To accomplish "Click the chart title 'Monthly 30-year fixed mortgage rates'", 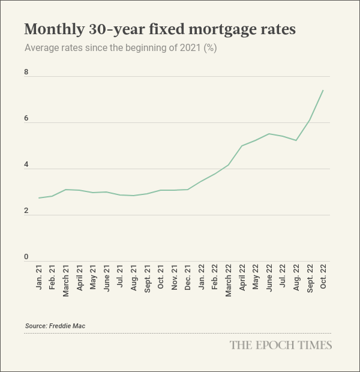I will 160,29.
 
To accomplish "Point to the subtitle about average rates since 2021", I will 121,48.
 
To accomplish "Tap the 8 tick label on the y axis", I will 26,72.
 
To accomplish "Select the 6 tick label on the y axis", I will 26,118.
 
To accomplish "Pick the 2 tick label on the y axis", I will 26,211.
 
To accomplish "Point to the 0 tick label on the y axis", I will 26,257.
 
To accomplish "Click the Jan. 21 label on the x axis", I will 39,280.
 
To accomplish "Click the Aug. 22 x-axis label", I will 296,280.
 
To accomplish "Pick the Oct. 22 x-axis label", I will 323,280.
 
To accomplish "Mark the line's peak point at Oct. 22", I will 323,91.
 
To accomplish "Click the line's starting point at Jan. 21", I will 39,198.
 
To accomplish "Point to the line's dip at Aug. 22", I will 296,140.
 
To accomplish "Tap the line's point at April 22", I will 242,146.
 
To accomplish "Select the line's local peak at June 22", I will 269,134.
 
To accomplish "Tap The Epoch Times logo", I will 281,345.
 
